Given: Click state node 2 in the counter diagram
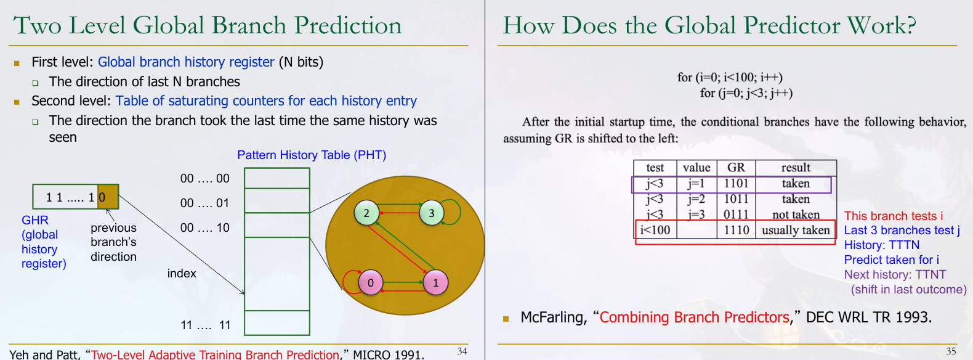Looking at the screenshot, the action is (366, 213).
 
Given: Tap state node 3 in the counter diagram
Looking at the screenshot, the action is (431, 213).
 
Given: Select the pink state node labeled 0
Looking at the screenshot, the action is (371, 282).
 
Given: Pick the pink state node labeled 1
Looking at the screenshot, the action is (435, 282).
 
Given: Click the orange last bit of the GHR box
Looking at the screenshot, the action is (108, 197).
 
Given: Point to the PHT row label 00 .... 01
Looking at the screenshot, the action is (204, 203).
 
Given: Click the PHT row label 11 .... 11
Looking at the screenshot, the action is (206, 325).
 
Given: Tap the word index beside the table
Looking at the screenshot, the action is (182, 274).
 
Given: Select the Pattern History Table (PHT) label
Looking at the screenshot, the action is (312, 155).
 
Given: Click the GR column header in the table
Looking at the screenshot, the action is (736, 168).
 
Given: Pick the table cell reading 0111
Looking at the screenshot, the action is (736, 215).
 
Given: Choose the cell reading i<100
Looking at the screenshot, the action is (655, 230).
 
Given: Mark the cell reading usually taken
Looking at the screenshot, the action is (796, 230).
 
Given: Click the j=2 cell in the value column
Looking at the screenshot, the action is (696, 199).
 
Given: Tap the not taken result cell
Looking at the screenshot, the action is (796, 215).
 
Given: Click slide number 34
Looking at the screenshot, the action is (462, 351).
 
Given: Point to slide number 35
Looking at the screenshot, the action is (951, 351).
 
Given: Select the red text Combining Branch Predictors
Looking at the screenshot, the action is (694, 317).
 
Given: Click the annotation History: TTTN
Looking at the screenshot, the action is (882, 245).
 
